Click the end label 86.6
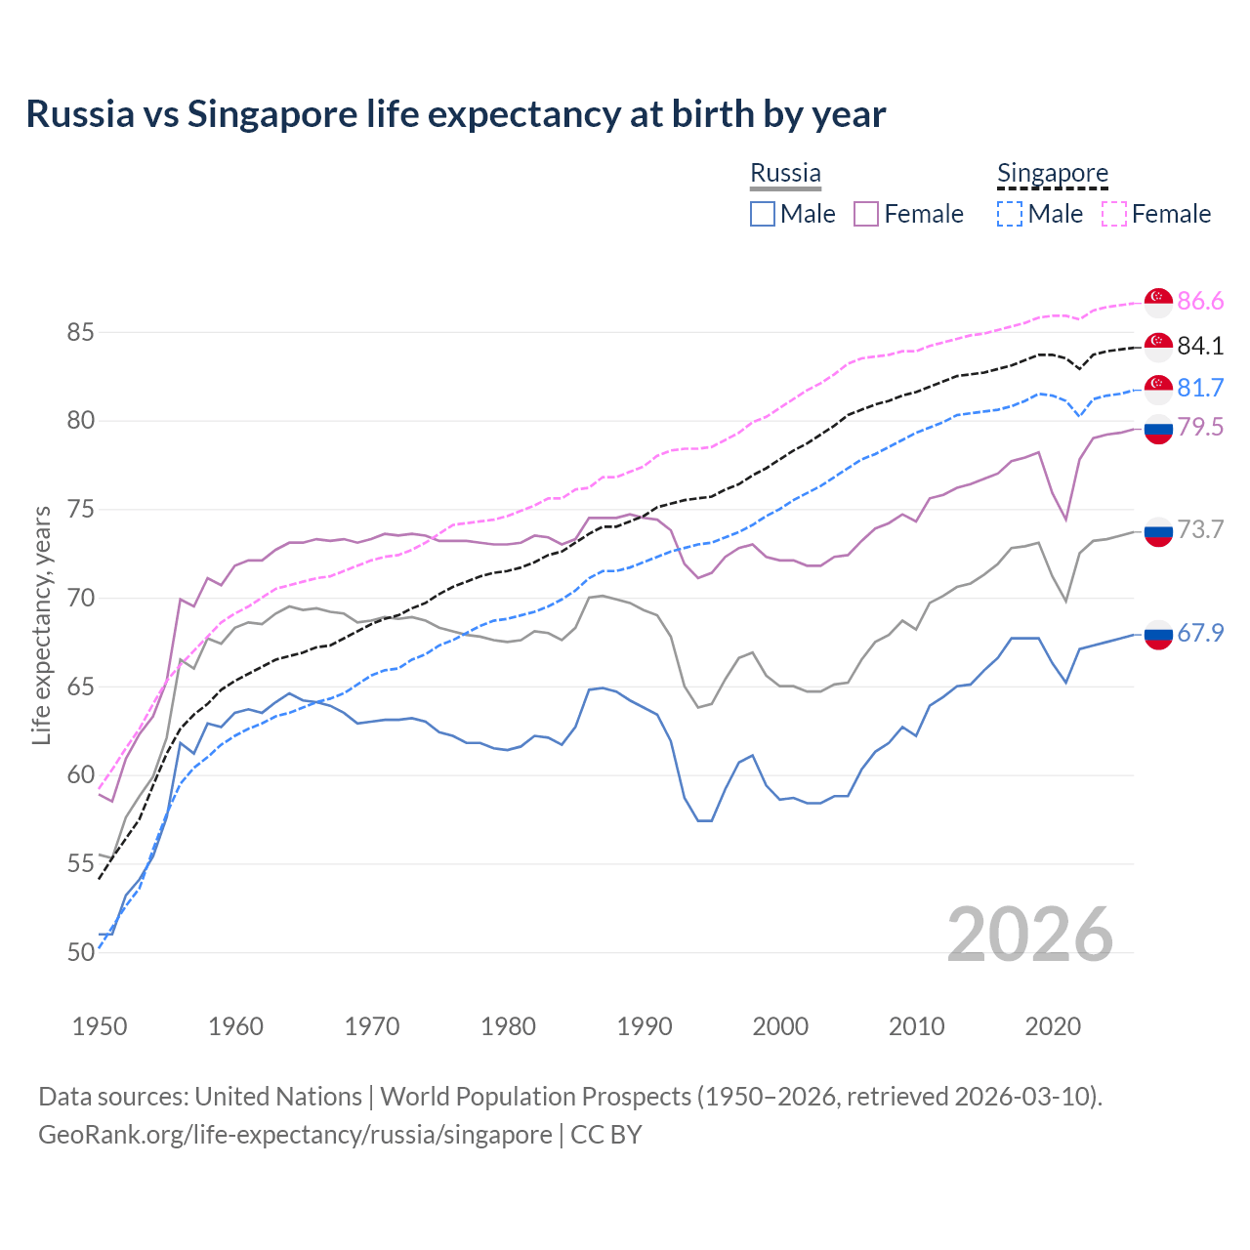(1200, 302)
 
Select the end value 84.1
(1200, 346)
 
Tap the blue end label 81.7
(1200, 388)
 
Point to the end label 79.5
(1200, 427)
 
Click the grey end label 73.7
(1200, 529)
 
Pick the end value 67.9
(1200, 633)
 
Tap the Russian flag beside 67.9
(1158, 635)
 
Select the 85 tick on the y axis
(80, 332)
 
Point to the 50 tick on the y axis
(80, 952)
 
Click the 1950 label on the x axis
(100, 1026)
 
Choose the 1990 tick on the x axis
(645, 1026)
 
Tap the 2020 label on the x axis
(1053, 1026)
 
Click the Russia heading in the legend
(785, 173)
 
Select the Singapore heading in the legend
(1053, 173)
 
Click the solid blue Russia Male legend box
(763, 214)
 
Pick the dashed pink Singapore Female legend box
(1114, 214)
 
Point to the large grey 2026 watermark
(1030, 935)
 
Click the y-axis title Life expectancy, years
(41, 625)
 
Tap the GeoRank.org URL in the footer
(295, 1135)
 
